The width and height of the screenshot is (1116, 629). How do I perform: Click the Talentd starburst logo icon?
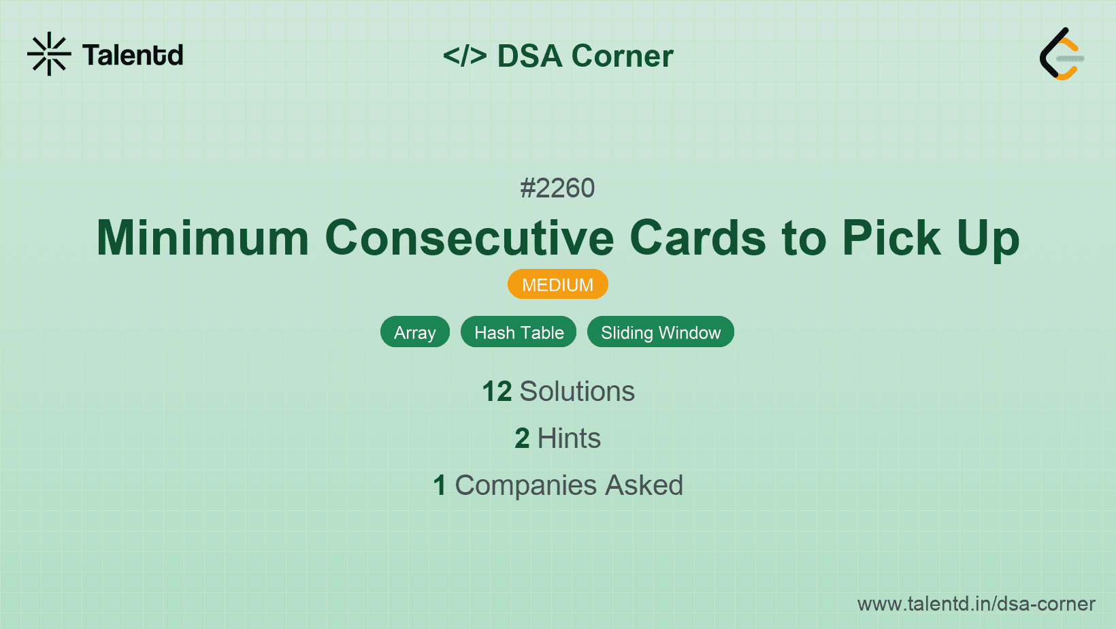tap(49, 54)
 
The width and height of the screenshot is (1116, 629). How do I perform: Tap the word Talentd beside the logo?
tap(133, 55)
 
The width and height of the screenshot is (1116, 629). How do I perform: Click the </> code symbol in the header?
tap(465, 56)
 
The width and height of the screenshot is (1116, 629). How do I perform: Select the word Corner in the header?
tap(622, 56)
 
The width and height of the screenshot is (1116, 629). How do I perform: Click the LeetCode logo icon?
tap(1062, 54)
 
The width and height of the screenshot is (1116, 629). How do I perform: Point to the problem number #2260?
tap(557, 188)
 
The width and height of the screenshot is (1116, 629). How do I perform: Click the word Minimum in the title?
tap(203, 238)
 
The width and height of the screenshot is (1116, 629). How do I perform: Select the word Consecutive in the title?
tap(470, 238)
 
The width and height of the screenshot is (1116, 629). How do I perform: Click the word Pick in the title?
tap(891, 238)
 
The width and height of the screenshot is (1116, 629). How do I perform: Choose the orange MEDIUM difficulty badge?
tap(557, 285)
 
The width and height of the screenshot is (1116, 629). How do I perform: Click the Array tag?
tap(415, 332)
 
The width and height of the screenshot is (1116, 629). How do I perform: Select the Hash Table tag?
tap(519, 332)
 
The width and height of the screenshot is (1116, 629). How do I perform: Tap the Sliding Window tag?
tap(660, 332)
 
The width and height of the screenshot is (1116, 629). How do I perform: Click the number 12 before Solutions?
tap(497, 391)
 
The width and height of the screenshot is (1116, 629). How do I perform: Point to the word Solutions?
tap(577, 391)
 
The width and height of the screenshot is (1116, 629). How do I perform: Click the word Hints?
tap(569, 438)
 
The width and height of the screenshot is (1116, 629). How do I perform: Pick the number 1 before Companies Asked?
tap(440, 485)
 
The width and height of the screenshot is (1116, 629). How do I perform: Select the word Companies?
tap(525, 485)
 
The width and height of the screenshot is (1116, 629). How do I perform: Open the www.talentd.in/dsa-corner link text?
tap(976, 604)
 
